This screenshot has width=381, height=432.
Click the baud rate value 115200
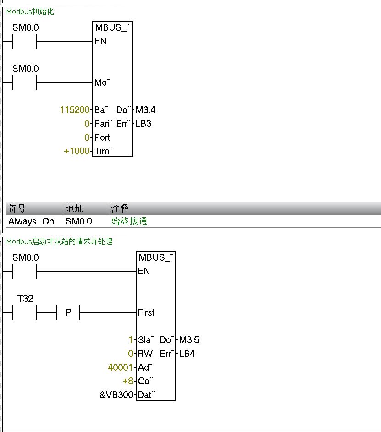pyautogui.click(x=75, y=110)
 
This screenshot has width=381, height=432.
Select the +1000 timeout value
pyautogui.click(x=77, y=151)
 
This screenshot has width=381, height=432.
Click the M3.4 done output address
pyautogui.click(x=145, y=110)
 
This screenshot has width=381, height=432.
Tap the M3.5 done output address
pyautogui.click(x=189, y=340)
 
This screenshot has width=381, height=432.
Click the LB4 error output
pyautogui.click(x=187, y=354)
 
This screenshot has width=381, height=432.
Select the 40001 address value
pyautogui.click(x=121, y=367)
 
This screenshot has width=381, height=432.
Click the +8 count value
pyautogui.click(x=127, y=381)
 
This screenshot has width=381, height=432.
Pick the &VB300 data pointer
pyautogui.click(x=116, y=395)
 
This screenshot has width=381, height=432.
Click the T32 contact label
pyautogui.click(x=25, y=299)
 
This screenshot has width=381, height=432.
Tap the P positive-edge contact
pyautogui.click(x=68, y=313)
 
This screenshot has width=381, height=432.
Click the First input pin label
pyautogui.click(x=146, y=313)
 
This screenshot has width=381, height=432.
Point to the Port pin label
pyautogui.click(x=102, y=137)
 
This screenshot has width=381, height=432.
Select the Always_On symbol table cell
pyautogui.click(x=31, y=221)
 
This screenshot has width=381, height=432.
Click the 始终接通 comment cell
pyautogui.click(x=129, y=221)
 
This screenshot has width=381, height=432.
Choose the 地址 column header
pyautogui.click(x=74, y=209)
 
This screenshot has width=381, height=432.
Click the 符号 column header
pyautogui.click(x=17, y=209)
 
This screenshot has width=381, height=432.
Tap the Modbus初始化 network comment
pyautogui.click(x=30, y=12)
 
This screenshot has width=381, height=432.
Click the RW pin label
pyautogui.click(x=145, y=354)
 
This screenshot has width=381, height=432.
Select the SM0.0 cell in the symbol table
pyautogui.click(x=79, y=221)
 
